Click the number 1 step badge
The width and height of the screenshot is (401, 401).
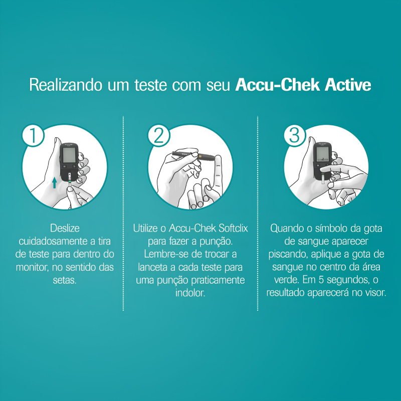click(x=33, y=135)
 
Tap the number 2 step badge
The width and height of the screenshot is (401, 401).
click(x=159, y=135)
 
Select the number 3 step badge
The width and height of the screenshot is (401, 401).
click(x=295, y=135)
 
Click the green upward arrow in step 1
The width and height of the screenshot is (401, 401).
click(x=54, y=182)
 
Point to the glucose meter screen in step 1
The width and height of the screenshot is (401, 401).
click(x=69, y=155)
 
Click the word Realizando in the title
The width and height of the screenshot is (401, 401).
click(x=66, y=85)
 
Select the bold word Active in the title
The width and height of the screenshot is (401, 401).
click(x=348, y=85)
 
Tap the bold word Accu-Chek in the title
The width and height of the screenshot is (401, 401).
click(x=278, y=85)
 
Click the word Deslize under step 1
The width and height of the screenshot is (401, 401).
click(x=65, y=228)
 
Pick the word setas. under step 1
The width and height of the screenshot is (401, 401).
click(x=65, y=280)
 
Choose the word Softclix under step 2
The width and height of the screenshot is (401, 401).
click(x=232, y=228)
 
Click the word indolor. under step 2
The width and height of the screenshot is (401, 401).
click(x=190, y=293)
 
